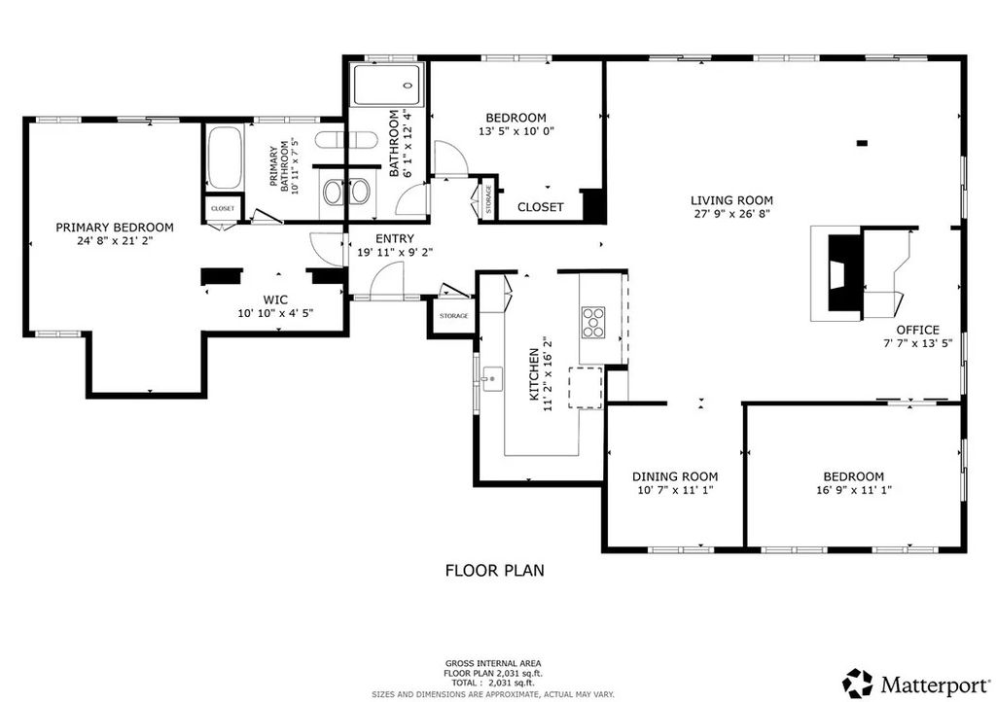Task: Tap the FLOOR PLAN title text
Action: point(494,571)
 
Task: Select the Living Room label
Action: point(732,200)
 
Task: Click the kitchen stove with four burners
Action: point(592,320)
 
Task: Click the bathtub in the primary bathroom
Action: point(223,158)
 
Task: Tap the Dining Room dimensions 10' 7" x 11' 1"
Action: point(675,490)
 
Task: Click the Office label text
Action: point(917,330)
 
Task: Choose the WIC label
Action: point(276,299)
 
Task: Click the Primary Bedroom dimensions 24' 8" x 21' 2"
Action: point(114,240)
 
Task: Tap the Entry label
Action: point(394,238)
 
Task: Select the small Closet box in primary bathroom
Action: point(223,209)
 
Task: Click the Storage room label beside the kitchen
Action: point(453,316)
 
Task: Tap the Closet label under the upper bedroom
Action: point(540,207)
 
